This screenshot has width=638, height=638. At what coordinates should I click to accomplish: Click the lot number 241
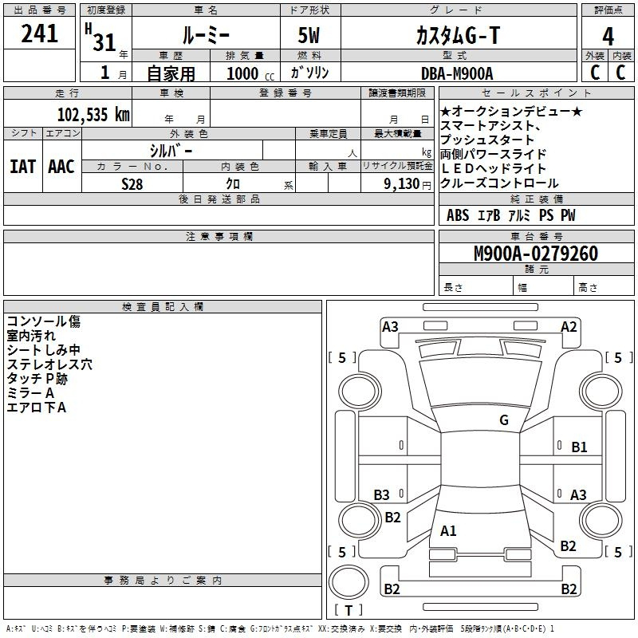click(39, 33)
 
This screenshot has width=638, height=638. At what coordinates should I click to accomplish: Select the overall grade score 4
click(608, 37)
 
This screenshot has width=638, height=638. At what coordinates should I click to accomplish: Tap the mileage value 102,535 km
click(93, 114)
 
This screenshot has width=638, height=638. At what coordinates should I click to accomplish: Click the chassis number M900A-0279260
click(536, 254)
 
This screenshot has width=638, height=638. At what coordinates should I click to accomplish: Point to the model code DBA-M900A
click(457, 73)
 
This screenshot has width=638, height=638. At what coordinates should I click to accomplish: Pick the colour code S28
click(132, 184)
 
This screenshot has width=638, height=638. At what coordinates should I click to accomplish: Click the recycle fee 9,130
click(401, 183)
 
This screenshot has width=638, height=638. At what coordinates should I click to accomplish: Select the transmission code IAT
click(23, 167)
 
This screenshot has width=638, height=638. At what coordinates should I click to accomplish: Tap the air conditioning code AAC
click(61, 167)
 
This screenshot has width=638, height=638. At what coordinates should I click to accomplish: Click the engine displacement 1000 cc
click(250, 73)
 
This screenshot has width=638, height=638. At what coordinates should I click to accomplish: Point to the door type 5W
click(309, 35)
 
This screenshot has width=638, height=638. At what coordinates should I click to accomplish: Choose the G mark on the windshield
click(504, 419)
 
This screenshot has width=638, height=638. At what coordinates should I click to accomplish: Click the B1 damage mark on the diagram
click(579, 447)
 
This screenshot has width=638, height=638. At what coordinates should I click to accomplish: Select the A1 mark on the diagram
click(448, 530)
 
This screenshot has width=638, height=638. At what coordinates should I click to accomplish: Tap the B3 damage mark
click(381, 494)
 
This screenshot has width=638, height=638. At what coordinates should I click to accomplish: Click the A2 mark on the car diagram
click(569, 327)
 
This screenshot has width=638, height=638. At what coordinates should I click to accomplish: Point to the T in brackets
click(349, 610)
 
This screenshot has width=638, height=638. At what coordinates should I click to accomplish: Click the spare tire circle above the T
click(349, 582)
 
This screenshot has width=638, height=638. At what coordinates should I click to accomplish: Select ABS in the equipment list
click(458, 215)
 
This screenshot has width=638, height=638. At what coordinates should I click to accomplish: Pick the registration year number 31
click(104, 42)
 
